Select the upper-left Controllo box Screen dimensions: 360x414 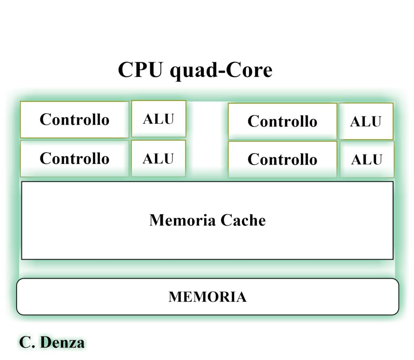click(x=74, y=119)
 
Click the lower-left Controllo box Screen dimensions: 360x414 click(x=74, y=158)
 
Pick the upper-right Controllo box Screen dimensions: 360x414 click(x=282, y=121)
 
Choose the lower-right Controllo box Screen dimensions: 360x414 click(x=282, y=159)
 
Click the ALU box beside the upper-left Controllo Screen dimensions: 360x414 click(x=158, y=119)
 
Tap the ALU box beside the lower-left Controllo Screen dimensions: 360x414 click(x=158, y=159)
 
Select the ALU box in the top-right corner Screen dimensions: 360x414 click(x=366, y=121)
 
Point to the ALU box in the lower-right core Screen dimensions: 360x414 click(x=367, y=159)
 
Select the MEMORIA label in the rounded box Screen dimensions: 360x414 click(x=207, y=297)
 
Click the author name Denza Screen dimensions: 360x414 click(x=62, y=343)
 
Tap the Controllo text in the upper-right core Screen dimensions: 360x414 click(x=282, y=121)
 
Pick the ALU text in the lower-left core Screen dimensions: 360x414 click(x=158, y=159)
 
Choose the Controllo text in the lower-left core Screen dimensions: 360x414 click(x=74, y=158)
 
